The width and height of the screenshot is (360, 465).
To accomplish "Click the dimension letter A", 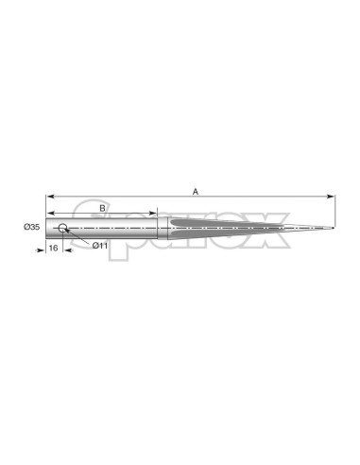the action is [x=196, y=191].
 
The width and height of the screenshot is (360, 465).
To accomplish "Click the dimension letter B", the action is [x=102, y=208].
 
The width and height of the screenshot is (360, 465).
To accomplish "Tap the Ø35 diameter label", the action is [x=32, y=227].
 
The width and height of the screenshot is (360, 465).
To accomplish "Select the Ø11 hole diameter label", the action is [x=100, y=246].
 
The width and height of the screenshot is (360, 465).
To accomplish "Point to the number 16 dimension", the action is [x=54, y=248].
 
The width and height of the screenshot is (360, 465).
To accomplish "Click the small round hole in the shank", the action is [x=62, y=228].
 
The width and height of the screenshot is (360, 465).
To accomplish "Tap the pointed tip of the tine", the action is [x=334, y=228].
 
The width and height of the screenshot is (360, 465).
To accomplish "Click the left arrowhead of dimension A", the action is [x=50, y=197].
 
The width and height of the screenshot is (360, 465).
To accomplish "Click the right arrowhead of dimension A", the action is [x=331, y=197].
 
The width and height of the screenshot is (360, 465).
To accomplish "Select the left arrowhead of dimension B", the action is [x=50, y=213].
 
